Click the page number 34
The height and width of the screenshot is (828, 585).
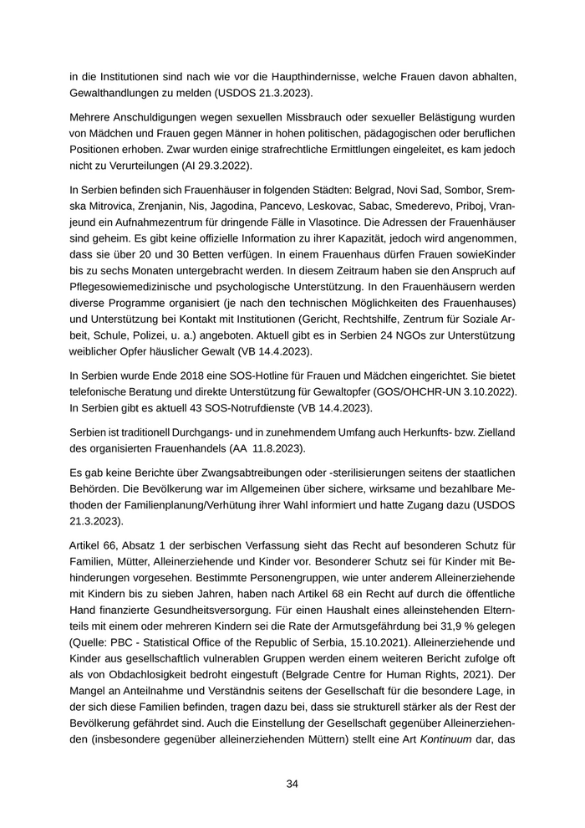pos(292,784)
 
